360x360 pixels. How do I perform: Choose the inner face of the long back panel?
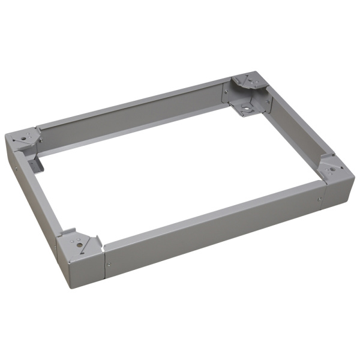point(132,123)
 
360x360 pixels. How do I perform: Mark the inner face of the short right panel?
point(294,138)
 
